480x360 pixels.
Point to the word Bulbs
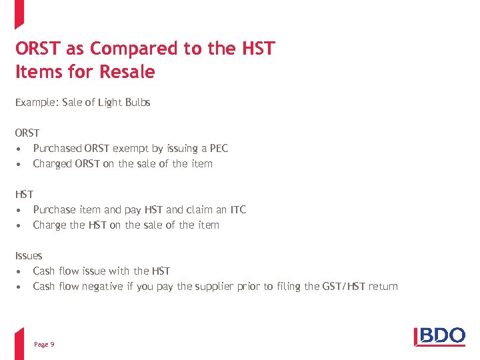137,103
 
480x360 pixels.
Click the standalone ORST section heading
27,133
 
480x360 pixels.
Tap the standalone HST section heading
24,194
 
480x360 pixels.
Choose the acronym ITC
237,209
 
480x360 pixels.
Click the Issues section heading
29,255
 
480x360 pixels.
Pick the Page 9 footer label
44,344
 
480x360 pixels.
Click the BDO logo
439,335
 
